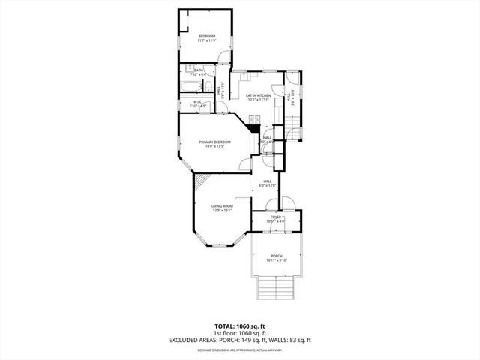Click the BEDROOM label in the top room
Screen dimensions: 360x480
tap(207, 37)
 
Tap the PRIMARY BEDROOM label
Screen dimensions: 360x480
tap(214, 142)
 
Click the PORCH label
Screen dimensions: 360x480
tap(277, 255)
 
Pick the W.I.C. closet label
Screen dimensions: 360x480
tap(196, 102)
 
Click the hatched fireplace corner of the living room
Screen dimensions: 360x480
tap(200, 181)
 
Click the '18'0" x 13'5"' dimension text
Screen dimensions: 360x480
tap(214, 147)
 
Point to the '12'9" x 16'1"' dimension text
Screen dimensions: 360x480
tap(222, 211)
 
